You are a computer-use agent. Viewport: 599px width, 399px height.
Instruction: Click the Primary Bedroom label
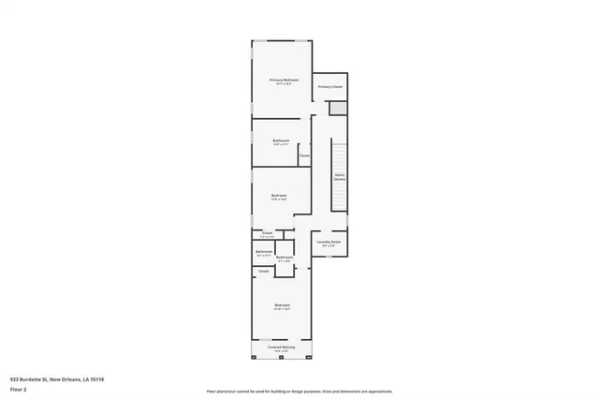284,81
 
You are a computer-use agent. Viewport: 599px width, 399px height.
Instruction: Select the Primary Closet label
330,87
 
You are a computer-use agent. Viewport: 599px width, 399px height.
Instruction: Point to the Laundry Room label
329,243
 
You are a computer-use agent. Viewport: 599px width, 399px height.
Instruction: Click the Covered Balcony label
282,347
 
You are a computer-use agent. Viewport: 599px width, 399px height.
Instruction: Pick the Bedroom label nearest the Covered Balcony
282,306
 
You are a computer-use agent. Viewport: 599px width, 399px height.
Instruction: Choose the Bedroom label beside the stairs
279,196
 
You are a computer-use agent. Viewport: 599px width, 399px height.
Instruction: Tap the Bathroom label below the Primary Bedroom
281,141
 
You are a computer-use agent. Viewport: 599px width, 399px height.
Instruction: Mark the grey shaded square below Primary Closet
338,109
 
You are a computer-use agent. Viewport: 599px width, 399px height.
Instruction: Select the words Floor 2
19,388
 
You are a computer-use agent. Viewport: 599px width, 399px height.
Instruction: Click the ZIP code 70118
97,379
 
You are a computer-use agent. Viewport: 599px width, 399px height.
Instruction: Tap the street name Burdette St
33,379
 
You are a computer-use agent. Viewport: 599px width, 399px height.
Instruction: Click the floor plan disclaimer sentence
299,392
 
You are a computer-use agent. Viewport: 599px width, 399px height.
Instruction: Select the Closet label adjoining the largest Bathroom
304,155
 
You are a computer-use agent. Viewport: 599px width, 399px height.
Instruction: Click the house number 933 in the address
14,379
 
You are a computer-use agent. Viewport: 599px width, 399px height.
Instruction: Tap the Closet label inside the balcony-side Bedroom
264,271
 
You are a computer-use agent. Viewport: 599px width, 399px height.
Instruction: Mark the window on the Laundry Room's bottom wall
329,257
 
